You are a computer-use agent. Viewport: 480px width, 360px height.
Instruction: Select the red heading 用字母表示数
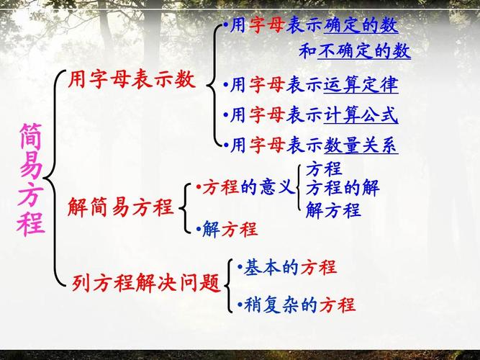click(131, 80)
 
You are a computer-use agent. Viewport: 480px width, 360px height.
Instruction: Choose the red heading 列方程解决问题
click(146, 283)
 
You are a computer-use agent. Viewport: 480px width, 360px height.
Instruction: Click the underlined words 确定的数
click(361, 26)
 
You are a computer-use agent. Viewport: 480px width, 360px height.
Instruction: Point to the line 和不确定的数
click(354, 52)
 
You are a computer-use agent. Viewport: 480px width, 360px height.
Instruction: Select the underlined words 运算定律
click(361, 86)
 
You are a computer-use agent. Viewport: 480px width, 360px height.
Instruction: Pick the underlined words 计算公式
click(361, 115)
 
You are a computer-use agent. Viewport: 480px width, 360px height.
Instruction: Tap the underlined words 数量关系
click(361, 145)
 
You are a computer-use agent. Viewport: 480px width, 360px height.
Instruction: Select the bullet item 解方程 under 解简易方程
click(227, 230)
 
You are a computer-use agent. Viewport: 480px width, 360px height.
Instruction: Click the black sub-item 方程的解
click(342, 189)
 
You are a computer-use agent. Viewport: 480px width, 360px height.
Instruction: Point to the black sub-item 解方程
click(332, 211)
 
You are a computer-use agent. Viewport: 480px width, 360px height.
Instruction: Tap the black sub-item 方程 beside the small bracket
click(323, 170)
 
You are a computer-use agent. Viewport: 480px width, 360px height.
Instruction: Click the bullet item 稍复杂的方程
click(297, 305)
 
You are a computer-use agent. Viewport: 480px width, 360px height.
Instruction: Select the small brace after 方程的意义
click(299, 189)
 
